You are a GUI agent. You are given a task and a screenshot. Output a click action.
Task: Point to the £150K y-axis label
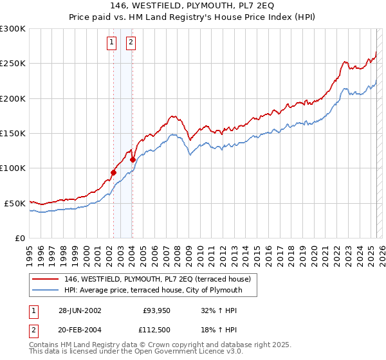(13, 134)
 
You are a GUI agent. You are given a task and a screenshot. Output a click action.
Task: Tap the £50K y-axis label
(15, 203)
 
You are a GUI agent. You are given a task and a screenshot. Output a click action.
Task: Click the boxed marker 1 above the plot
(112, 43)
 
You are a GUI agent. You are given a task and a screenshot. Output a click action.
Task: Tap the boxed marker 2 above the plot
(131, 43)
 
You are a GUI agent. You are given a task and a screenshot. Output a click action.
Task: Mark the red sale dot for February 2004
(133, 159)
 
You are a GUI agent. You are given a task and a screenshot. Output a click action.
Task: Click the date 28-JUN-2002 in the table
(80, 310)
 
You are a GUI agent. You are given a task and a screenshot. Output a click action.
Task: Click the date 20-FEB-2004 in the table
(80, 330)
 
